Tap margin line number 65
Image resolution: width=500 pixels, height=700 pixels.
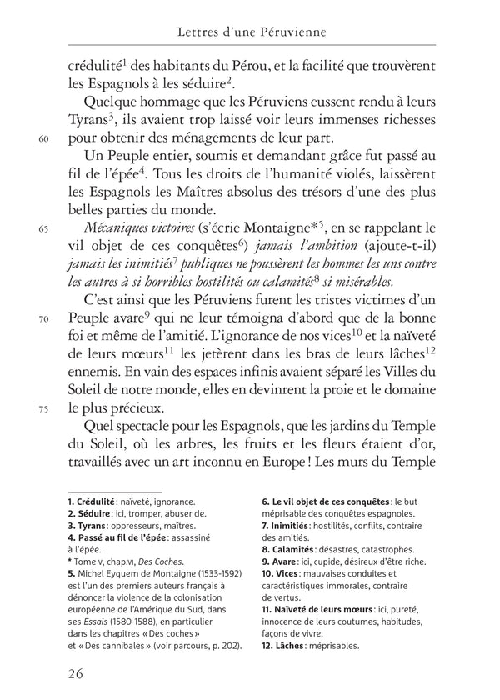(44, 230)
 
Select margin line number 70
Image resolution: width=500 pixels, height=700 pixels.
(44, 317)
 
